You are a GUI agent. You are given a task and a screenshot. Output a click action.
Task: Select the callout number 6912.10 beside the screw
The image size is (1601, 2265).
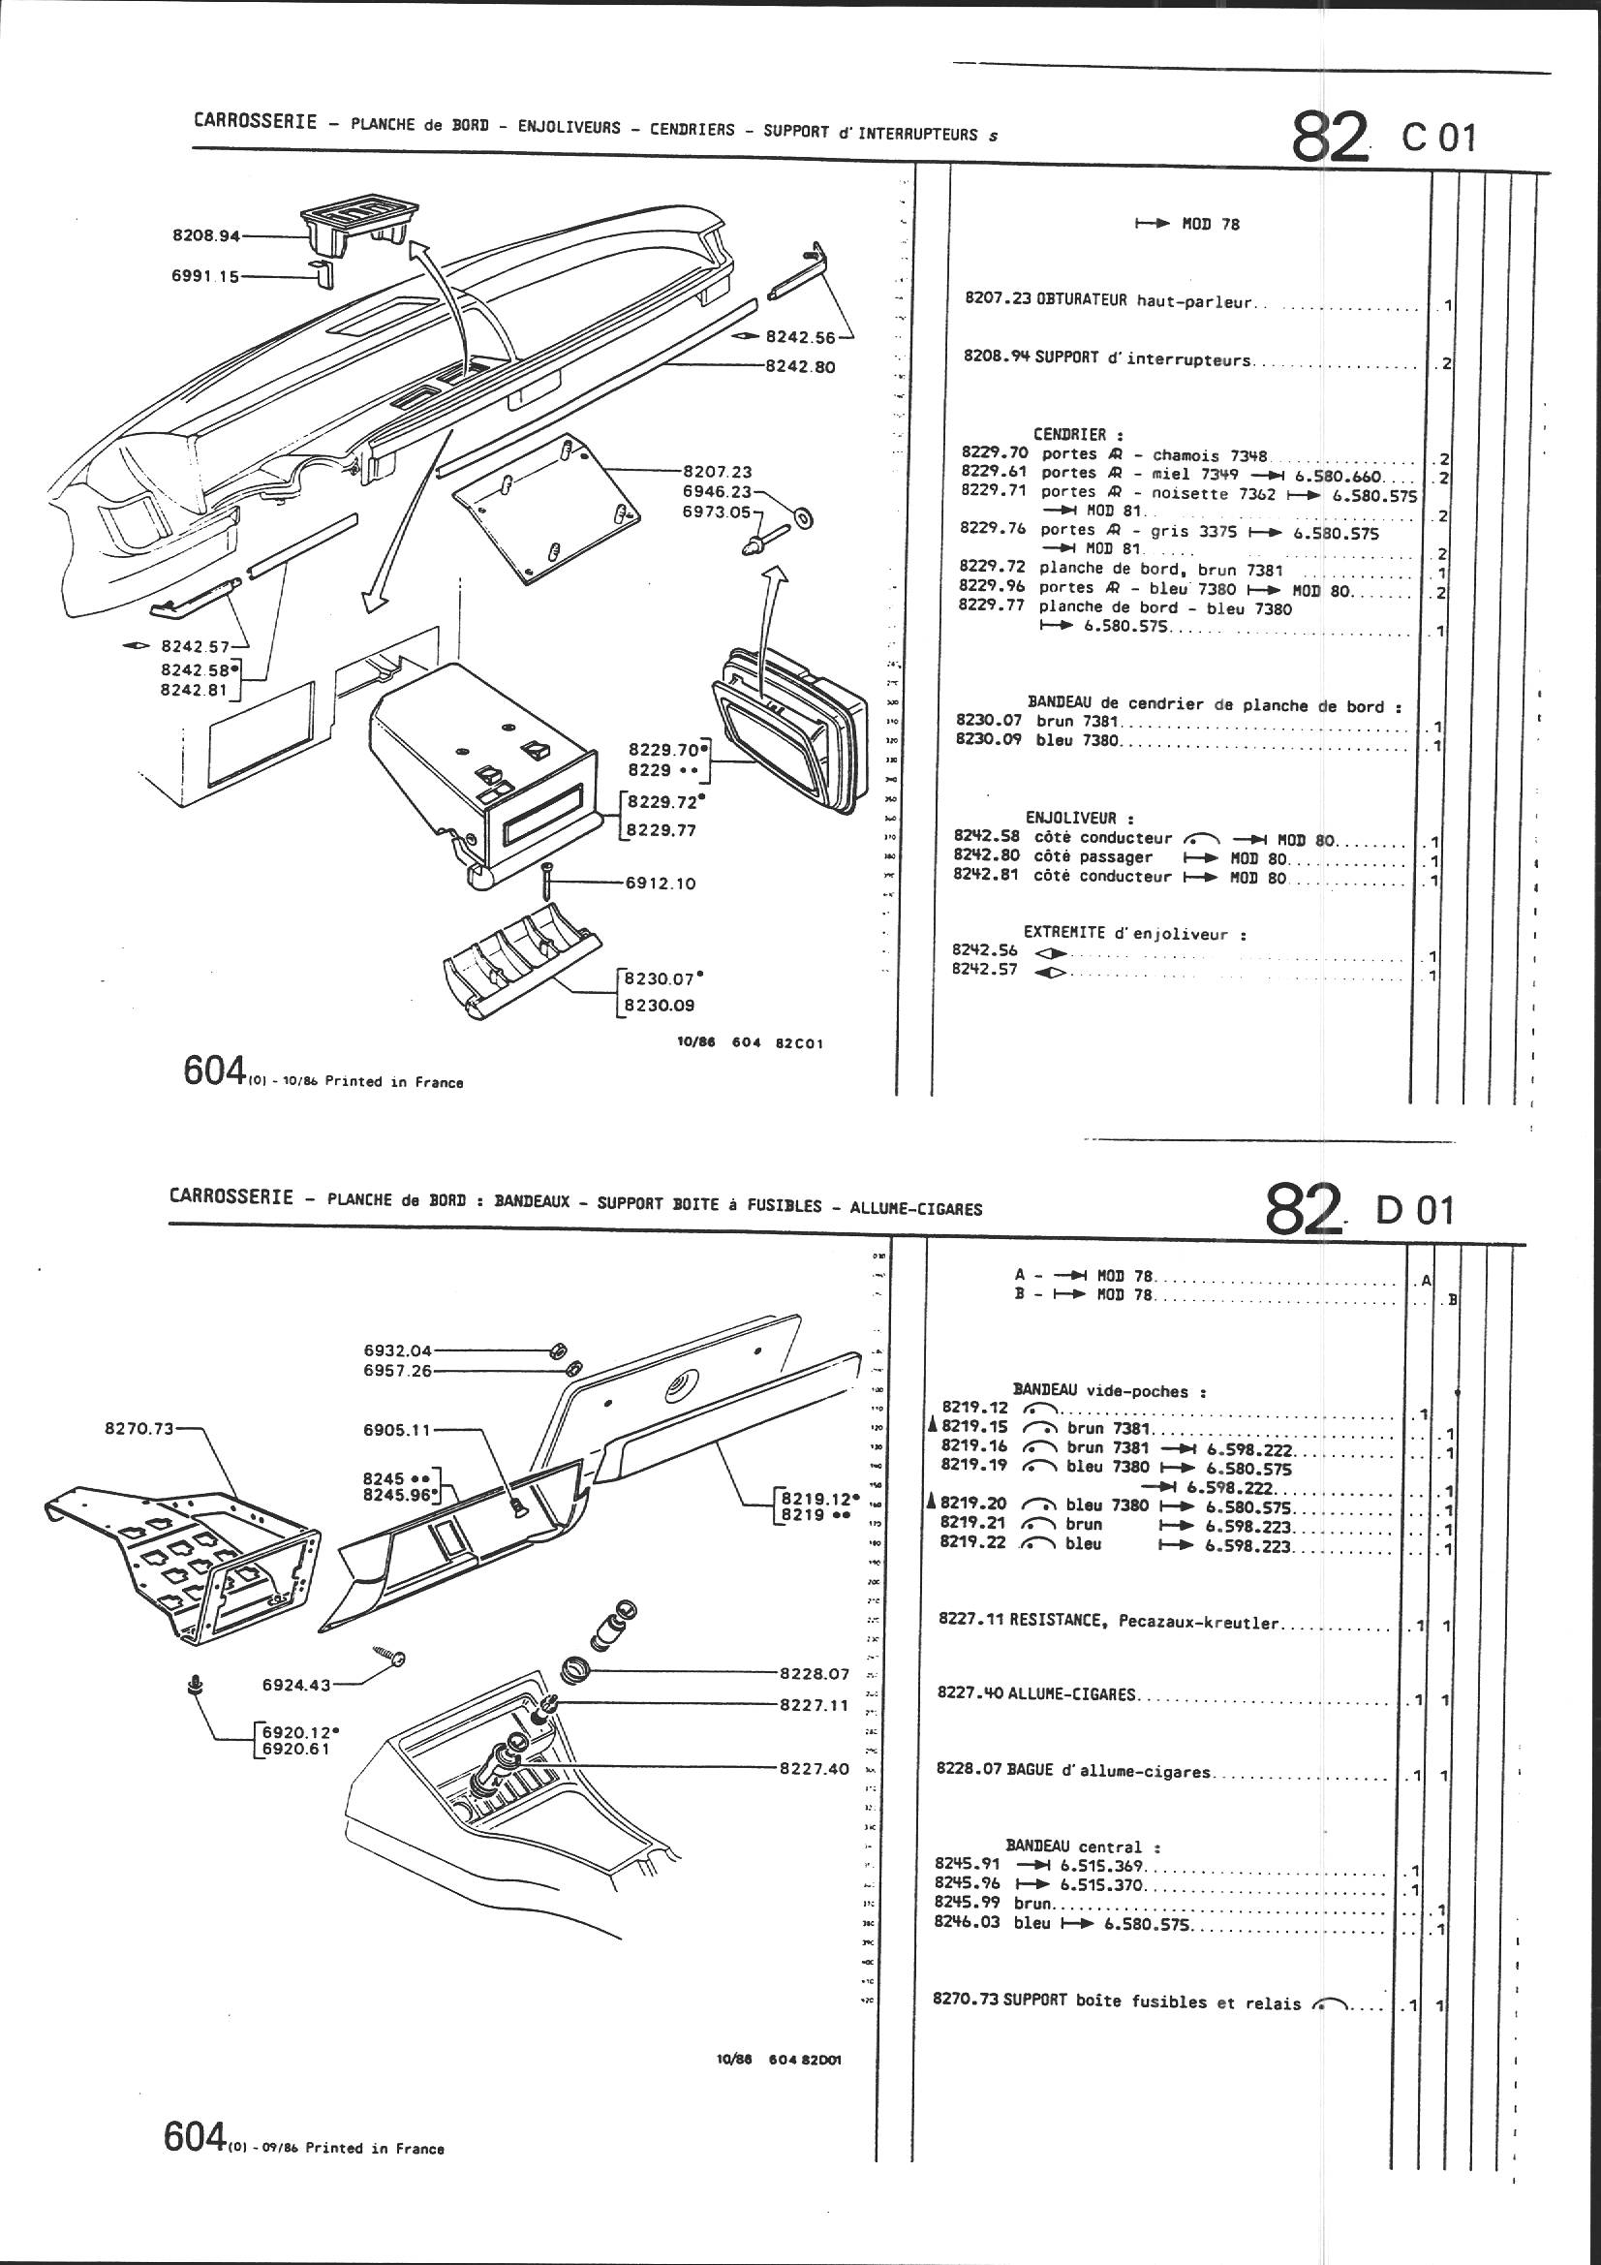660,884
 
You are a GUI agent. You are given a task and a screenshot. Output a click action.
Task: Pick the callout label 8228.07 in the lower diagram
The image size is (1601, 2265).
814,1673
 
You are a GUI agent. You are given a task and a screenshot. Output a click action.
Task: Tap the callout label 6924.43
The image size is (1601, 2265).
296,1685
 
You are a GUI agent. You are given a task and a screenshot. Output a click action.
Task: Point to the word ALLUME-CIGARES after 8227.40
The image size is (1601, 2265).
1072,1694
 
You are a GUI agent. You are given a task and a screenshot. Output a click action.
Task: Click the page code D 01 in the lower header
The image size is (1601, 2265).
1416,1210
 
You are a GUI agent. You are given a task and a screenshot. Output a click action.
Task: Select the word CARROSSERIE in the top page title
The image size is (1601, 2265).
256,122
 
